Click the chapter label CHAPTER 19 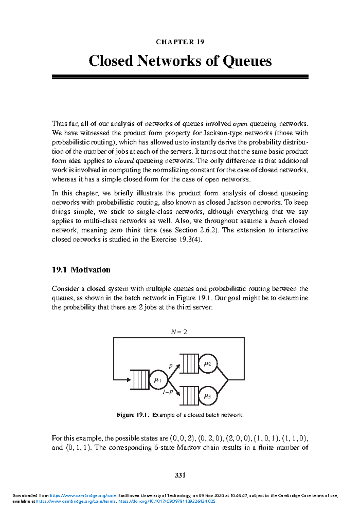(x=180, y=42)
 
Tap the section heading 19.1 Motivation (x=81, y=270)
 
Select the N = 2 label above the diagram (x=179, y=332)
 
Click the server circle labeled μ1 (x=158, y=380)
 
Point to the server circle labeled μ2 (x=208, y=364)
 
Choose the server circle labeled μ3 (x=208, y=396)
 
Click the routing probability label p (x=170, y=366)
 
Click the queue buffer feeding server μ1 (x=140, y=380)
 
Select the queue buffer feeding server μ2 (x=189, y=364)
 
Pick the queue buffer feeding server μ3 (x=189, y=396)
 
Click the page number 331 (x=180, y=475)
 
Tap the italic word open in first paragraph (x=240, y=124)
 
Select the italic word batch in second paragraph (x=278, y=221)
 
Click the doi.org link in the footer (x=167, y=501)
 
